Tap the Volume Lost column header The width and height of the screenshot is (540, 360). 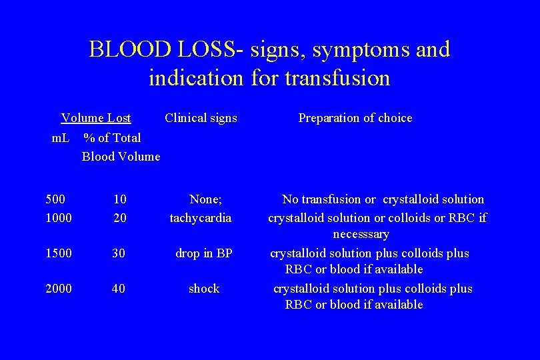[x=96, y=118]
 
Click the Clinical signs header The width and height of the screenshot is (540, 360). [x=201, y=118]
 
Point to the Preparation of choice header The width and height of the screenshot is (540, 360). [x=355, y=118]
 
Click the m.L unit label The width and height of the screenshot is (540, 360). [x=61, y=138]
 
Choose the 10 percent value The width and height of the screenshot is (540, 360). [x=120, y=199]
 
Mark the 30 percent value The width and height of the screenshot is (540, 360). [x=119, y=253]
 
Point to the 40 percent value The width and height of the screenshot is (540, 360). [x=119, y=289]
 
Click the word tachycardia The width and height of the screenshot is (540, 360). [x=201, y=217]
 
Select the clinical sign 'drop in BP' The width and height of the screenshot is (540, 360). [x=203, y=253]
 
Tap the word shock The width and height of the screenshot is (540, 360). [x=204, y=289]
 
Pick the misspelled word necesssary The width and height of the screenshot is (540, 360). [x=361, y=234]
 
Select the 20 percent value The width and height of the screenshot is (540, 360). [x=120, y=217]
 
